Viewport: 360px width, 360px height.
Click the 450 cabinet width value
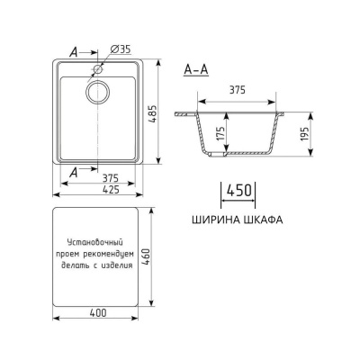click(x=238, y=192)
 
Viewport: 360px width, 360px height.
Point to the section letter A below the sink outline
click(x=72, y=168)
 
